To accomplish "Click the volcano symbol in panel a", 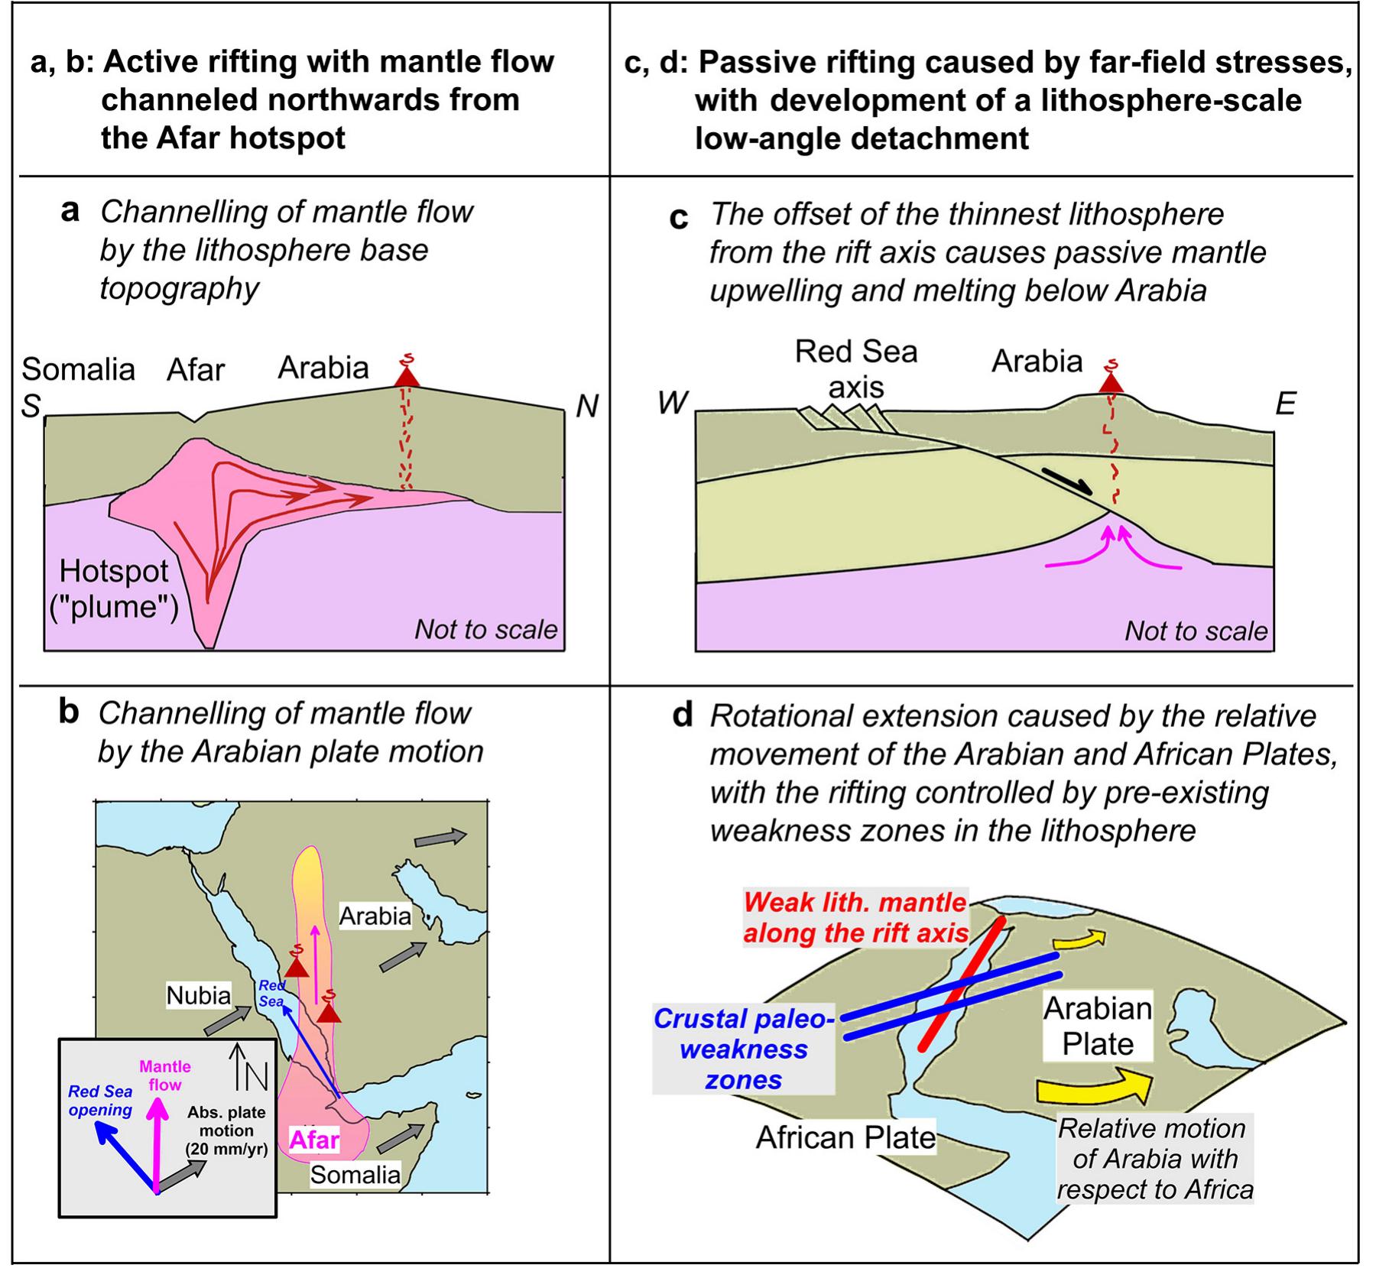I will [407, 375].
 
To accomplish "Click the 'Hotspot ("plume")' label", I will [114, 589].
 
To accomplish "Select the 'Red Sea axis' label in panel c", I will [856, 369].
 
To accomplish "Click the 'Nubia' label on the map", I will [199, 995].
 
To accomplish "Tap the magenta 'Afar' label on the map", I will [313, 1140].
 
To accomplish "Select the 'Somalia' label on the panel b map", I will [355, 1174].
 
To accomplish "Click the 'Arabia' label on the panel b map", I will [375, 916].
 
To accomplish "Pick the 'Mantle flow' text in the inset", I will [165, 1075].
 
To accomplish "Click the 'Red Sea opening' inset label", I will [100, 1101].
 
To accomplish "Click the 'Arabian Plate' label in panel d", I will [1098, 1026].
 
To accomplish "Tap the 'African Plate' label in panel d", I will [845, 1137].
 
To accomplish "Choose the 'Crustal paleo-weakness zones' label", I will [743, 1049].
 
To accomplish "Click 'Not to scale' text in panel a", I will [486, 629].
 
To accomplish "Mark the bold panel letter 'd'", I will [682, 715].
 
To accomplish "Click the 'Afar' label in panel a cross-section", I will [196, 370].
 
